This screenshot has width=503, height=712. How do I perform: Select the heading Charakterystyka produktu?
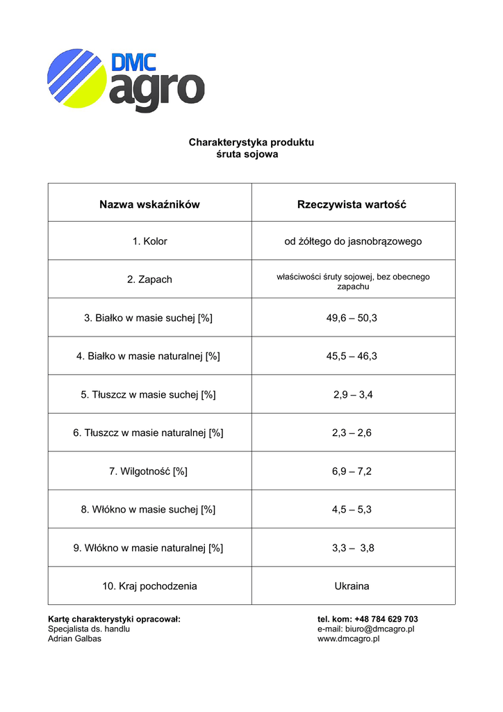tap(251, 143)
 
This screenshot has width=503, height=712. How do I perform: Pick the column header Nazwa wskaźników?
tap(149, 204)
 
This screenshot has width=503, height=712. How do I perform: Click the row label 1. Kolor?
tap(149, 241)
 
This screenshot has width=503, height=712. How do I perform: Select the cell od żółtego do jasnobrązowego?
tap(353, 241)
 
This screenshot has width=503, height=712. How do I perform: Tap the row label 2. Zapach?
tap(149, 280)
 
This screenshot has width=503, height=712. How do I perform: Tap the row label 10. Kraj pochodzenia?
tap(149, 586)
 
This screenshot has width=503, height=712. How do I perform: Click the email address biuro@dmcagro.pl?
tap(381, 629)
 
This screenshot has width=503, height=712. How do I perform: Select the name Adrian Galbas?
tap(74, 639)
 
